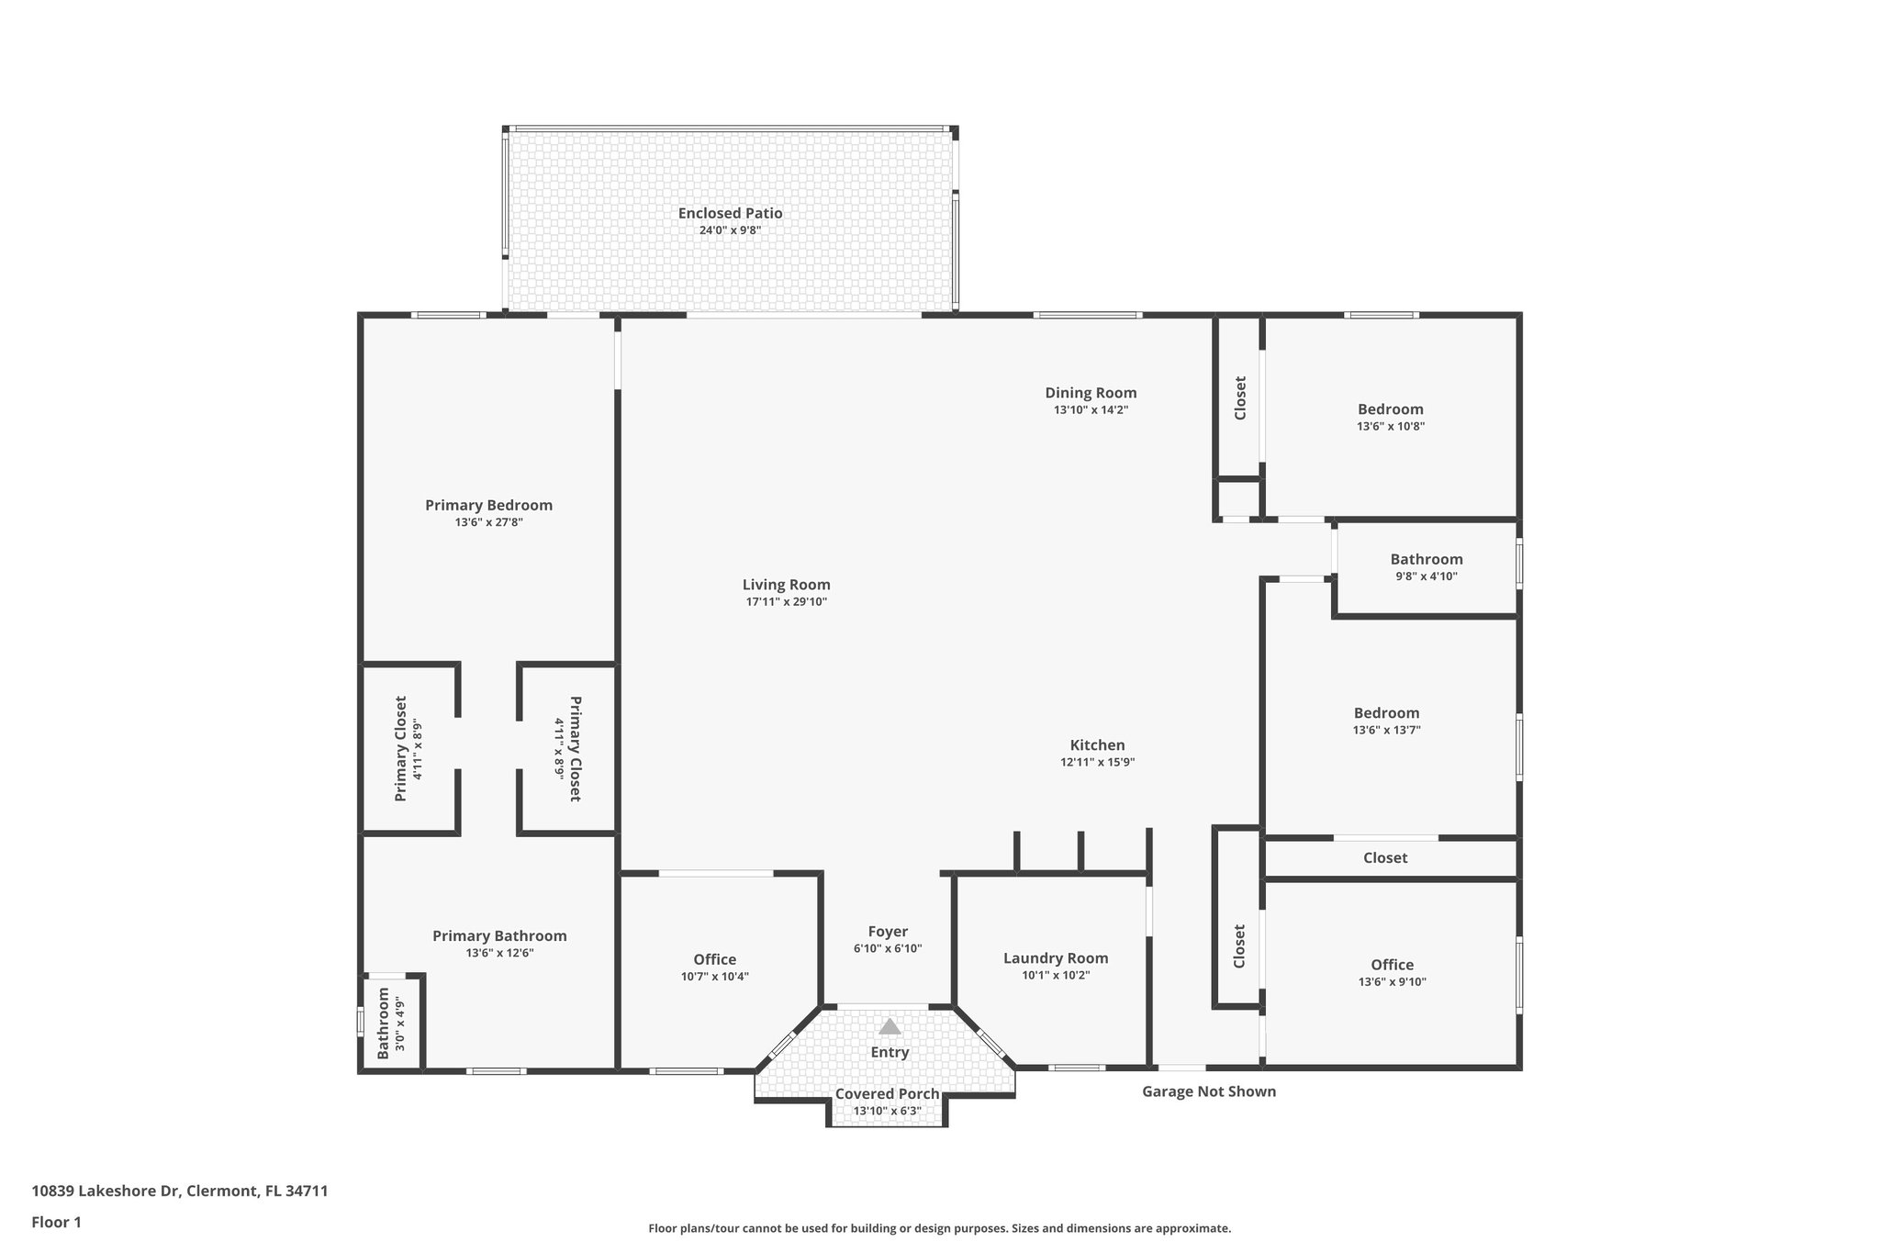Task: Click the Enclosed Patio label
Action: [730, 213]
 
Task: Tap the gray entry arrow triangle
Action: [890, 1026]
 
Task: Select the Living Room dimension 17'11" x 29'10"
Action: [786, 602]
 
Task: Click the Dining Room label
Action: [1091, 393]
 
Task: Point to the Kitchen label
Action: [1097, 745]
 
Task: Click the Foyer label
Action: [888, 932]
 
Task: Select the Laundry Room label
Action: [1056, 958]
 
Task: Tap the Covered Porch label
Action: [887, 1094]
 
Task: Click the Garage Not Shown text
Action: [1208, 1091]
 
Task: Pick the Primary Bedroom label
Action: [488, 505]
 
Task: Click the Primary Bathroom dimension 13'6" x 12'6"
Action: [499, 953]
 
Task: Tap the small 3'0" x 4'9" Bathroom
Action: [391, 1023]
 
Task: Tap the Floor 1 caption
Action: [56, 1222]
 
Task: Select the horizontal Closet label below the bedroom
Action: [1384, 858]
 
